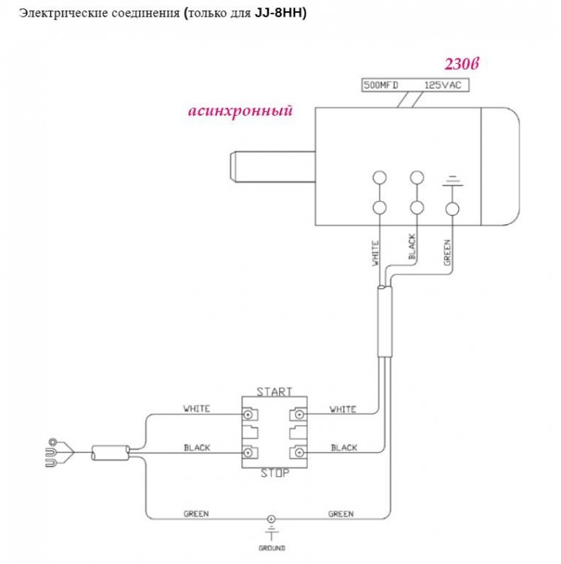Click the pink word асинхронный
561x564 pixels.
tap(240, 111)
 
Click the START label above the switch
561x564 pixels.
tap(274, 392)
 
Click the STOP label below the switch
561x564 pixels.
tap(274, 472)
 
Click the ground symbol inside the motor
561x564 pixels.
tap(452, 180)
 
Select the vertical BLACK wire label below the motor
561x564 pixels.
tap(412, 248)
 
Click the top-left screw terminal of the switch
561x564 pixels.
tap(247, 414)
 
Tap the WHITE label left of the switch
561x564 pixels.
tap(197, 409)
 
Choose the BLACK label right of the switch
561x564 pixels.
tap(344, 448)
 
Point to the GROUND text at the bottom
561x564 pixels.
tap(271, 549)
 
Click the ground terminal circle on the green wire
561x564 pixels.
tap(271, 519)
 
